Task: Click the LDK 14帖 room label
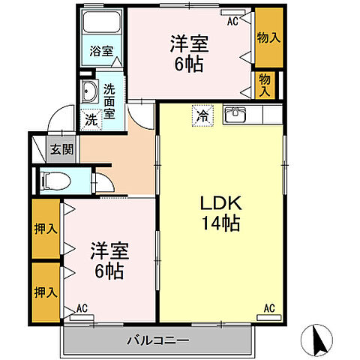pos(219,212)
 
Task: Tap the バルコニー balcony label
pos(157,340)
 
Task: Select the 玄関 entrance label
pos(61,148)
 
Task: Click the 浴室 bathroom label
pos(101,52)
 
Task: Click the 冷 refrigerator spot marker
pos(202,115)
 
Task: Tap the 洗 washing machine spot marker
pos(91,118)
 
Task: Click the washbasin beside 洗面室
pos(91,92)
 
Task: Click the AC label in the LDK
pos(268,308)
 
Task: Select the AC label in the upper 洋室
pos(232,22)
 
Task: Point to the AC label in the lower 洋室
pos(82,308)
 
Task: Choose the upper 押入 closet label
pos(46,227)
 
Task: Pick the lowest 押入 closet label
pos(46,290)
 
